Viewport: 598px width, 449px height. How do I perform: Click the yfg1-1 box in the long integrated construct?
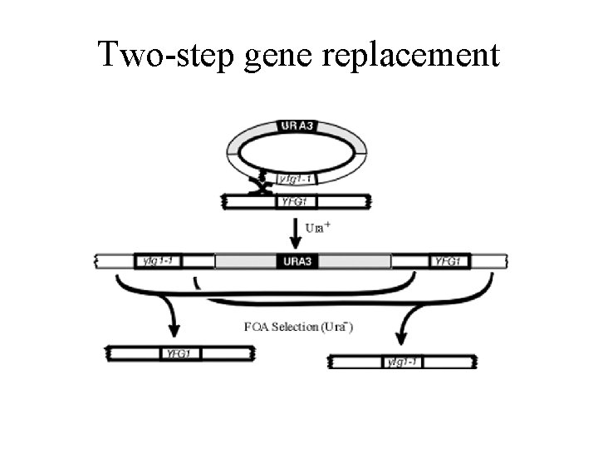coord(157,261)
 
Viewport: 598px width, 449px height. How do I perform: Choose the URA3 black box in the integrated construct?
coord(297,261)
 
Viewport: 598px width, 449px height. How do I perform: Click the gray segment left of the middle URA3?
coord(245,261)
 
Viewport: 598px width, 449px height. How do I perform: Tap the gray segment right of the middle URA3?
coord(355,261)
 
